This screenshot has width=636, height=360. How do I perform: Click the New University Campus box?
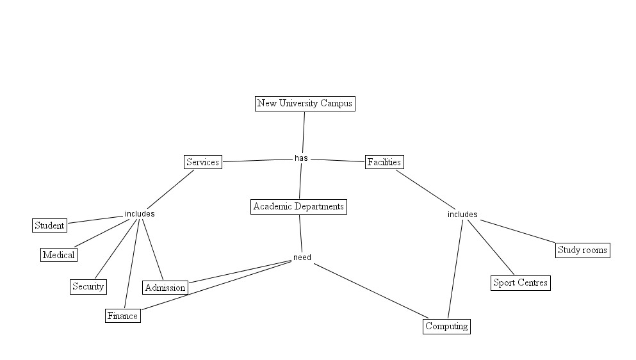tap(304, 103)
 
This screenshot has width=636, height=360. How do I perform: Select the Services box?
tap(202, 162)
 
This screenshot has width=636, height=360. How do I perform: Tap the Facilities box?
tap(384, 162)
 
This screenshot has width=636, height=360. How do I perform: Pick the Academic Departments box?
tap(298, 206)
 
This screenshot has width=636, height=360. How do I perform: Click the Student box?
tap(49, 225)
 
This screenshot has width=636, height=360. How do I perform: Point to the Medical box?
tap(58, 255)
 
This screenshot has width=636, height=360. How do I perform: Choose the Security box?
tap(88, 286)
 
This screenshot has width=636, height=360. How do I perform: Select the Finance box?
tap(122, 316)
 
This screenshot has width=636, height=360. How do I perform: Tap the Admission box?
tap(165, 288)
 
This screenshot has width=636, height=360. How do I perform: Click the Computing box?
tap(447, 326)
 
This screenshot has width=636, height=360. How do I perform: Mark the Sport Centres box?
tap(520, 282)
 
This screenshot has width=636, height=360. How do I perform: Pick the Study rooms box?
tap(582, 250)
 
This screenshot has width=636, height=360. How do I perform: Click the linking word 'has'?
tap(301, 158)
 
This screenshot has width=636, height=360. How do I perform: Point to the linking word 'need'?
tap(302, 258)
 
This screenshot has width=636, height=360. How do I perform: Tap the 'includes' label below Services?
tap(140, 214)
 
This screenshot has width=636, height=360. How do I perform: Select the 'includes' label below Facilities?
tap(462, 215)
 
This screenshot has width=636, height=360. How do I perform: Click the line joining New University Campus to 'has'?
tap(303, 132)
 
